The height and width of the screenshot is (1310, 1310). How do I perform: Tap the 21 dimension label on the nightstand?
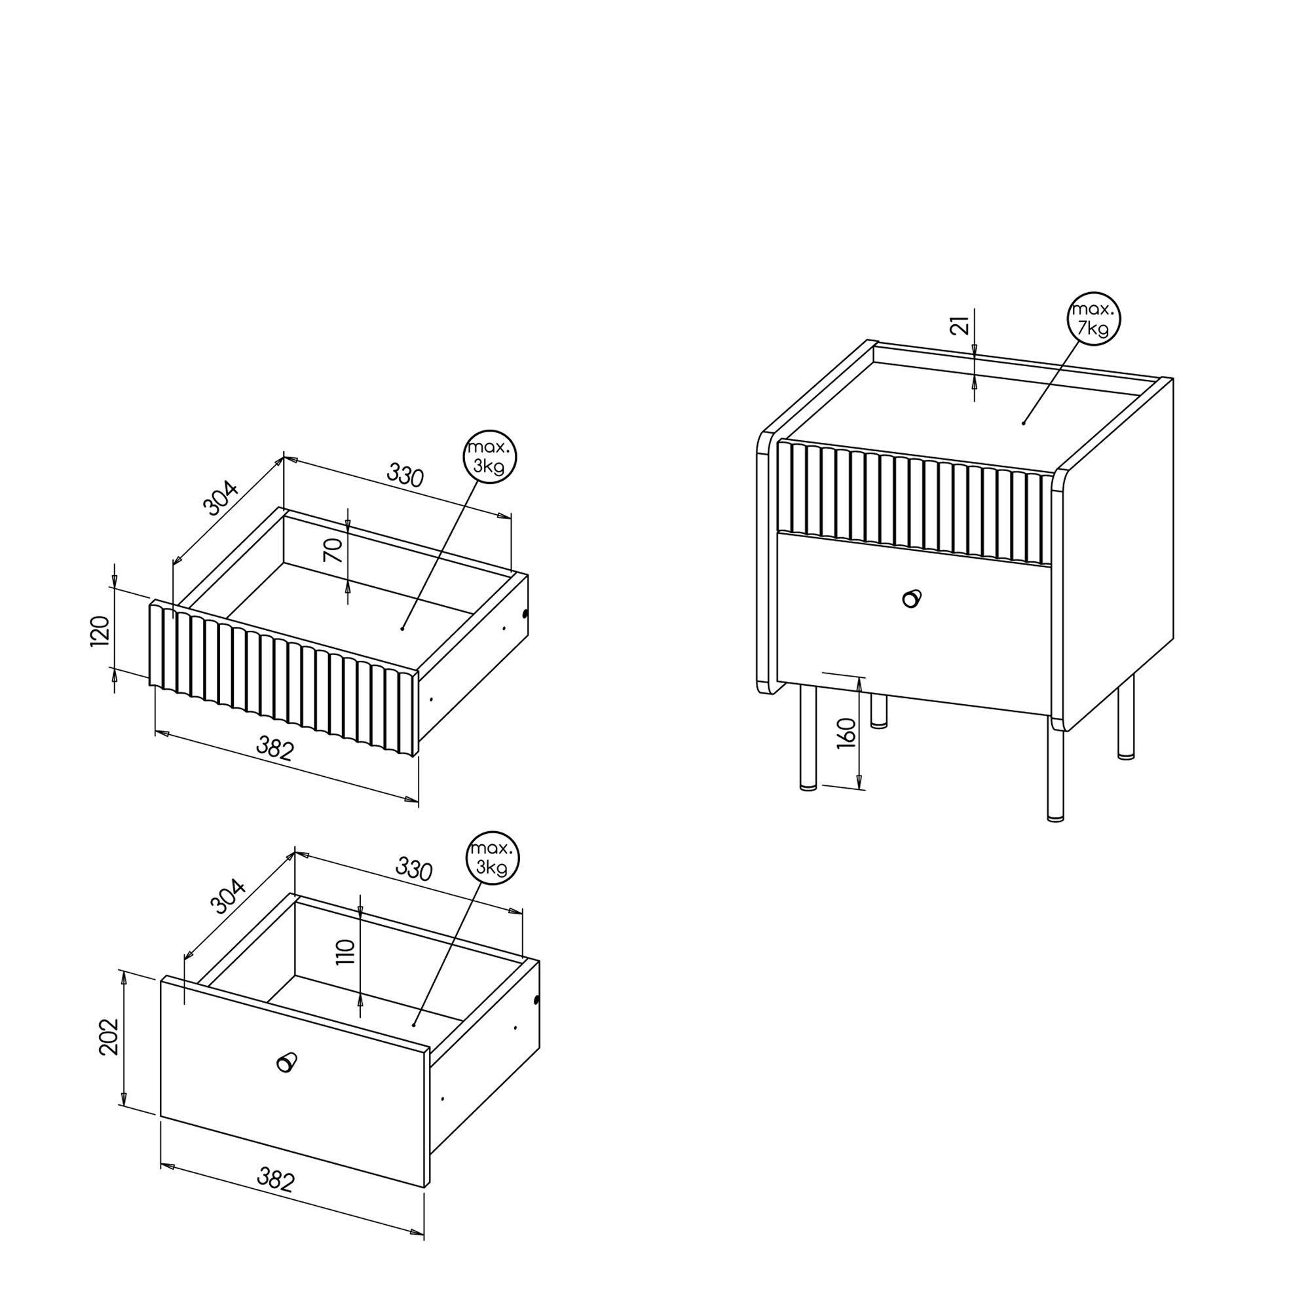click(x=960, y=327)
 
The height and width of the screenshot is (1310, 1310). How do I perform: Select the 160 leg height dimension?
click(x=847, y=733)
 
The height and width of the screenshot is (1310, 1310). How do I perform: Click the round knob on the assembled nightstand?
click(x=912, y=598)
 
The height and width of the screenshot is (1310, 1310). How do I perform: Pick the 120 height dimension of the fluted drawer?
click(x=100, y=631)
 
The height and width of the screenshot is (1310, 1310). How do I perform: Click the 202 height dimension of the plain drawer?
click(x=109, y=1037)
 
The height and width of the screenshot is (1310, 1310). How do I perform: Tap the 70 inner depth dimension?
click(x=333, y=551)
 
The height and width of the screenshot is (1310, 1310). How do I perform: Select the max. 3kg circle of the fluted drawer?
click(x=489, y=457)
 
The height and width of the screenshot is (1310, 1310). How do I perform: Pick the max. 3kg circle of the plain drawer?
click(x=493, y=859)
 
